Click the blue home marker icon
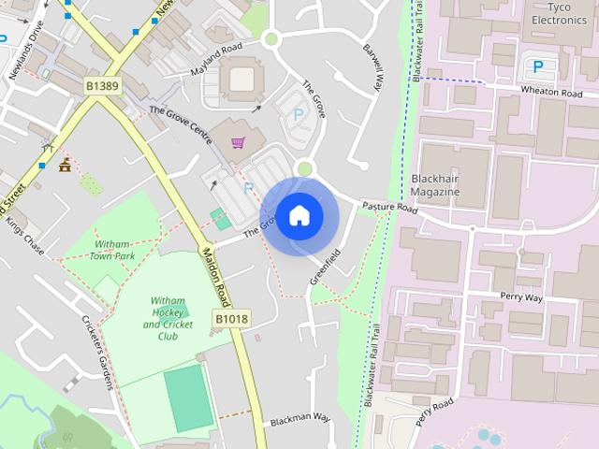299,216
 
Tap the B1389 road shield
103,86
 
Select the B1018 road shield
231,319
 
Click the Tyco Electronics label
559,13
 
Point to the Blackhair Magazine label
436,184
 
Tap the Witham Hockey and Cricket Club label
168,318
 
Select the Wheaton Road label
552,93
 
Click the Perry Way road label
521,297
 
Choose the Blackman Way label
300,418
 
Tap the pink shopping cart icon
239,143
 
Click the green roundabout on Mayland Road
271,38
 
